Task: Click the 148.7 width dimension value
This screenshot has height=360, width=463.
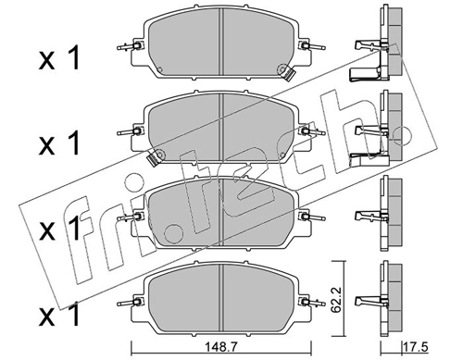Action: (x=221, y=347)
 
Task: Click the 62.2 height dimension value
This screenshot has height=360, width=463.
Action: (x=337, y=300)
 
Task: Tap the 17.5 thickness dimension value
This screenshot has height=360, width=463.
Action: (x=416, y=347)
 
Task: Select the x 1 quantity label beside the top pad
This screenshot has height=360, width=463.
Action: (x=59, y=57)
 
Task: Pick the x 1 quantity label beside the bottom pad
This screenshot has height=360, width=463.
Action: (x=59, y=315)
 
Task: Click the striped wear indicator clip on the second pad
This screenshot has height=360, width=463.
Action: (x=152, y=159)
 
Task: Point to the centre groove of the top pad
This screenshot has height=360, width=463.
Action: (x=221, y=42)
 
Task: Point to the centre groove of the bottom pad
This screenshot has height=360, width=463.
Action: (x=221, y=298)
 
